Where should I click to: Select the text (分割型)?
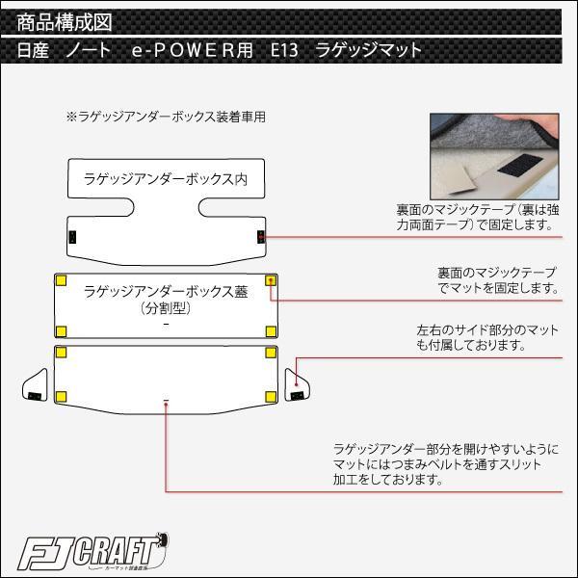pos(166,310)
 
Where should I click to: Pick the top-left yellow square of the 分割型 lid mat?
pos(61,280)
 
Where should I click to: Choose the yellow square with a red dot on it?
pos(271,280)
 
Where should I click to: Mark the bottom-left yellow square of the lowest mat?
pos(62,397)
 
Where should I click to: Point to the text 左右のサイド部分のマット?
pos(472,329)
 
